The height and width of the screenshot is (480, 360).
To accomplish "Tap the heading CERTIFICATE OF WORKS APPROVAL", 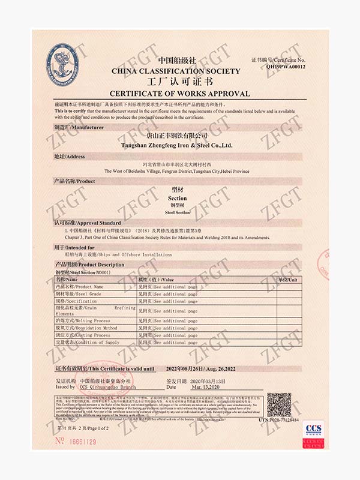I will click(179, 94).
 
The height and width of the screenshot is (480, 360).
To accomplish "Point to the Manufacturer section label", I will click(71, 128).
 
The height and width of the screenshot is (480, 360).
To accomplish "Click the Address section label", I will click(67, 157).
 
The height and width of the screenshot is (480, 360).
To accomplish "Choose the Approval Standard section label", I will click(78, 223).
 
